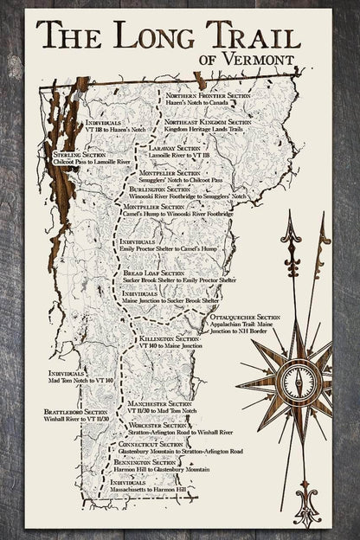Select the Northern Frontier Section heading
pos(205,95)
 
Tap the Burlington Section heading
pos(161,188)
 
